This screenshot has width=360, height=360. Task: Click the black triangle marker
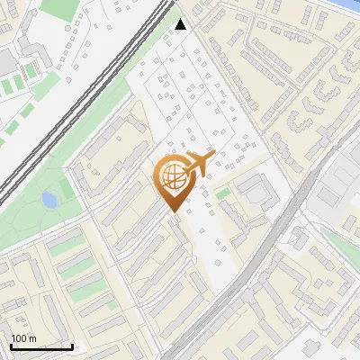pos(181,23)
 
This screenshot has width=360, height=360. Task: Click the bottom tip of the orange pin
pos(173,212)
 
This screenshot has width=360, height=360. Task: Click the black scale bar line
pos(40,347)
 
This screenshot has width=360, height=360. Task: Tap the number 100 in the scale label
pos(18,338)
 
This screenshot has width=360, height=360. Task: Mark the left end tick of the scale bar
pos(10,346)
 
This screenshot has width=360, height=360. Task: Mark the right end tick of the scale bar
pos(72,346)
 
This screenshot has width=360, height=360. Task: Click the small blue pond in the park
pos(49,198)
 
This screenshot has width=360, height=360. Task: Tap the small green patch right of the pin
pos(222,193)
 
